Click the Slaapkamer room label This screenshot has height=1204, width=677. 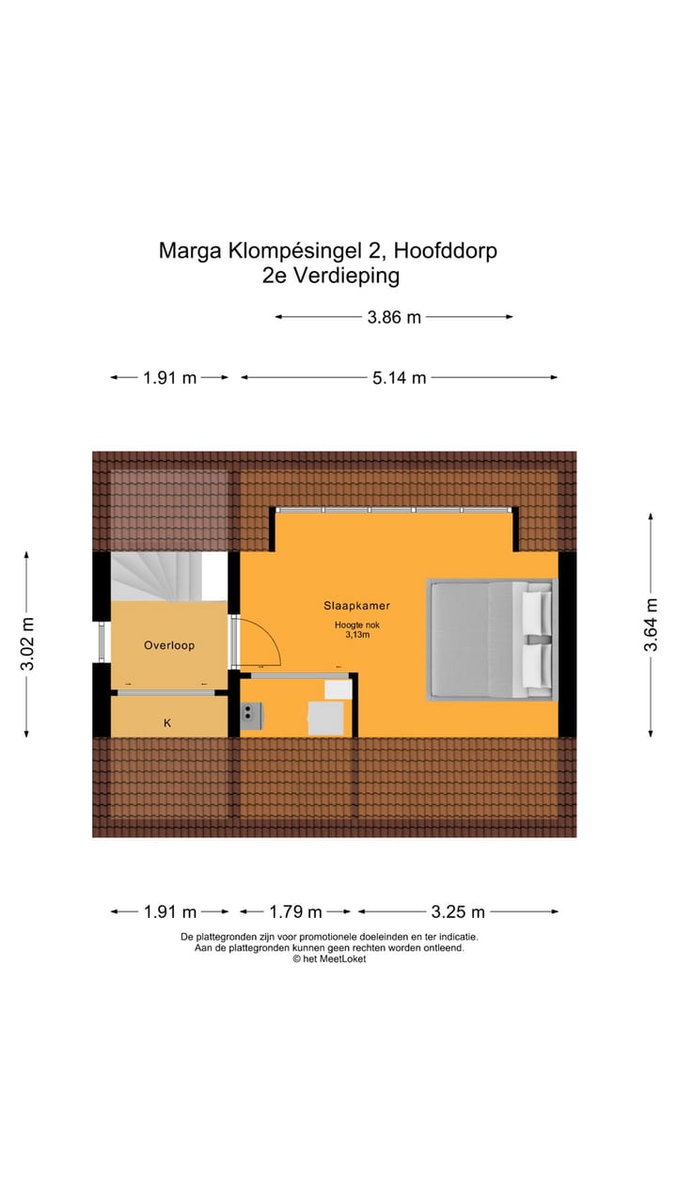[x=357, y=606]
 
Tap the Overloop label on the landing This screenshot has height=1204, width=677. [x=168, y=645]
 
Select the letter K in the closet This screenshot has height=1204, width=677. [x=167, y=722]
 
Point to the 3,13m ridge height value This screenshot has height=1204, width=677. [x=357, y=636]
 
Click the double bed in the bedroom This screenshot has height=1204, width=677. [x=491, y=640]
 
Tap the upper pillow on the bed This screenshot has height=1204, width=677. [x=537, y=611]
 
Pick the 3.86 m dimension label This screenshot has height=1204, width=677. [x=394, y=317]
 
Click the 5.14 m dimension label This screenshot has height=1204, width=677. [x=399, y=377]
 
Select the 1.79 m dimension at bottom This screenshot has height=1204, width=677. [x=295, y=911]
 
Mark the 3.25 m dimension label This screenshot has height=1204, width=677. [x=458, y=911]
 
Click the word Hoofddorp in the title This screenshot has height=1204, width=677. [x=445, y=251]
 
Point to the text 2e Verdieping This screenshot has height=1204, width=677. [x=331, y=276]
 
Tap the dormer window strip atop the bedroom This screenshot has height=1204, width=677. [x=394, y=510]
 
